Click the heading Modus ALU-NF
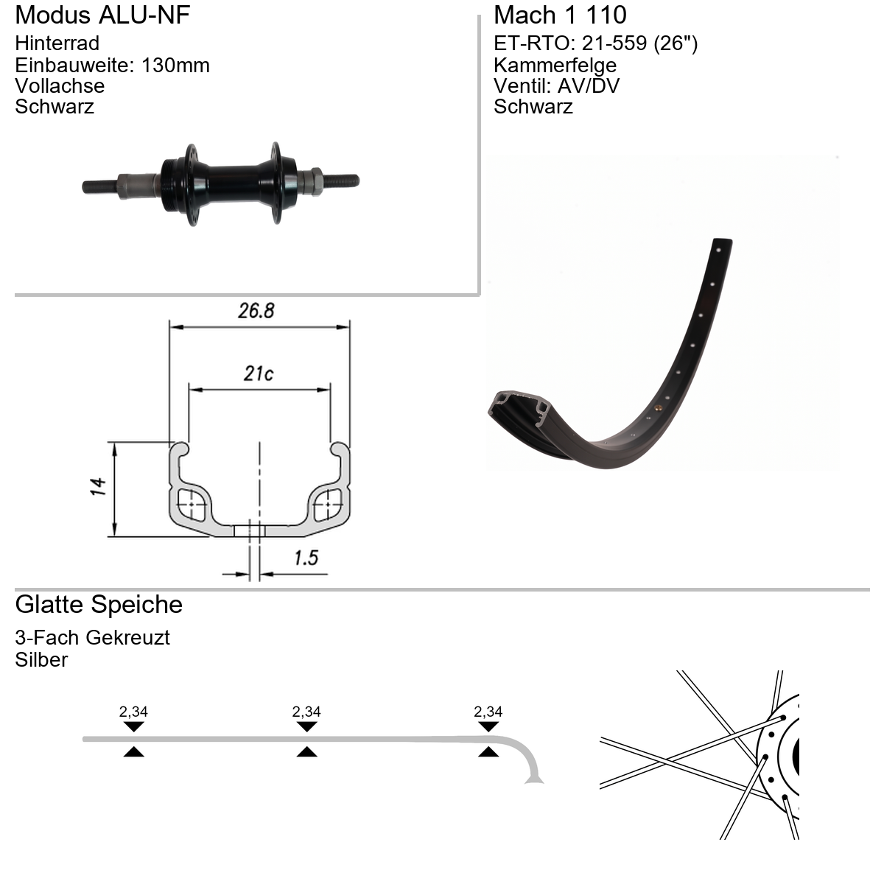pyautogui.click(x=102, y=15)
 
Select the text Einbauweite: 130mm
pyautogui.click(x=113, y=65)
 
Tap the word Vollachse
pyautogui.click(x=60, y=86)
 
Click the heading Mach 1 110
pyautogui.click(x=560, y=15)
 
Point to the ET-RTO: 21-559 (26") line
pyautogui.click(x=595, y=43)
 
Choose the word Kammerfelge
pyautogui.click(x=555, y=65)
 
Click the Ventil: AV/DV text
pyautogui.click(x=556, y=86)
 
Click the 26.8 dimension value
pyautogui.click(x=256, y=311)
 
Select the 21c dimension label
pyautogui.click(x=259, y=374)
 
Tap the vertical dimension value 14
pyautogui.click(x=98, y=487)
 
